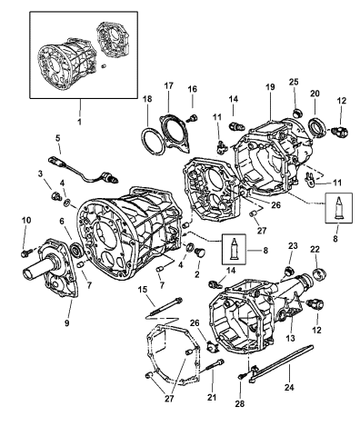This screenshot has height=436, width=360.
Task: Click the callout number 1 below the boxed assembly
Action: pyautogui.click(x=79, y=122)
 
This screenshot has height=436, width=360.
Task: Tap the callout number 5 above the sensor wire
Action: pyautogui.click(x=57, y=138)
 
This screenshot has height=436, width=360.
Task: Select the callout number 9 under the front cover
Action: pyautogui.click(x=66, y=323)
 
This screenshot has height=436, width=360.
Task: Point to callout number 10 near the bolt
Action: pyautogui.click(x=26, y=220)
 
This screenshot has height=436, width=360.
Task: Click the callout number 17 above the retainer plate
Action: pyautogui.click(x=169, y=85)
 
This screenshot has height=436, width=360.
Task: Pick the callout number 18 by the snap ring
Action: pyautogui.click(x=147, y=99)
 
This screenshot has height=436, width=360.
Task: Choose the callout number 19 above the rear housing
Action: pyautogui.click(x=270, y=87)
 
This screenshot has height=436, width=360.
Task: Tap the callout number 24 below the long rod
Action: pyautogui.click(x=289, y=387)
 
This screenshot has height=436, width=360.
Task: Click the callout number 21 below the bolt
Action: pyautogui.click(x=212, y=397)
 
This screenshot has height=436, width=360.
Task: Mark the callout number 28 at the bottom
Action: pyautogui.click(x=239, y=403)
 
